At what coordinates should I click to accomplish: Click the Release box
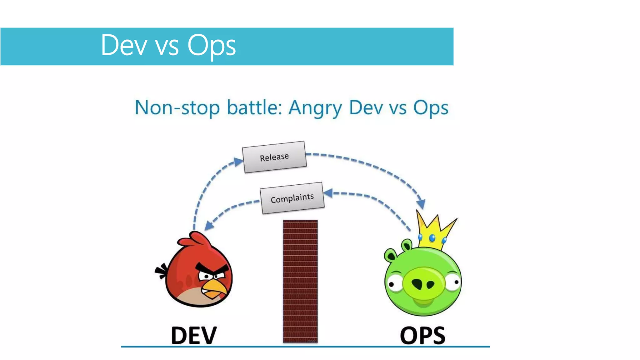[x=274, y=157]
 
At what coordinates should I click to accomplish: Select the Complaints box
[x=292, y=198]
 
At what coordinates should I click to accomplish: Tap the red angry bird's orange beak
[x=214, y=289]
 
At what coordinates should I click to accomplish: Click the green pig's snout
[x=423, y=283]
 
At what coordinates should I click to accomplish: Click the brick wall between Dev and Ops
[x=300, y=281]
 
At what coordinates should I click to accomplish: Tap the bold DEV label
[x=194, y=335]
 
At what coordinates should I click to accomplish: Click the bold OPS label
[x=422, y=335]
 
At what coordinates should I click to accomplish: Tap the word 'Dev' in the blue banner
[x=124, y=45]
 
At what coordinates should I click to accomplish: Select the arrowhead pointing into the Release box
[x=238, y=161]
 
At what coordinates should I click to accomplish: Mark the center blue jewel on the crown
[x=432, y=238]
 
